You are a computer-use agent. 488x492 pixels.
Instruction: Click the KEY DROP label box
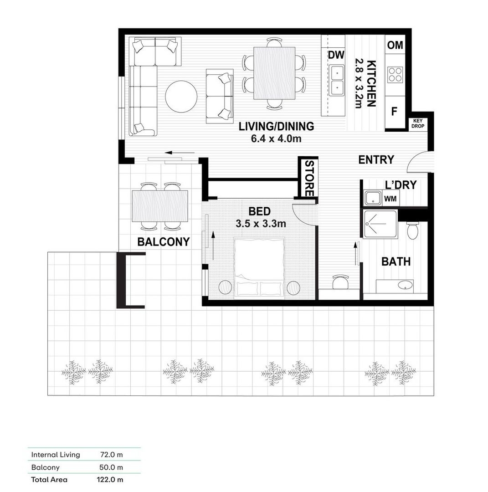tap(417, 123)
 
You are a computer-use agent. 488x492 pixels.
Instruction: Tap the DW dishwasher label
tap(336, 55)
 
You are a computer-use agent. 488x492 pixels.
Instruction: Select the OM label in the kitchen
tap(395, 45)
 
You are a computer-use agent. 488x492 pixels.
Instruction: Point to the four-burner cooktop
tap(395, 75)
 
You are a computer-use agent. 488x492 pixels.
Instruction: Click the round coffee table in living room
tap(181, 97)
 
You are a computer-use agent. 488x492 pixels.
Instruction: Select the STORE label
tap(309, 178)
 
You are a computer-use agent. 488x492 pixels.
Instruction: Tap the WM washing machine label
tap(390, 199)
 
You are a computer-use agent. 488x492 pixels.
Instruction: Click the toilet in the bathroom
tap(412, 231)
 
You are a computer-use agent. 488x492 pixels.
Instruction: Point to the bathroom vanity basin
tap(404, 286)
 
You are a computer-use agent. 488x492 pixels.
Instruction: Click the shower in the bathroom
tap(380, 224)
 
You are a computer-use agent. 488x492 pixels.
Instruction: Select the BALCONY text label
tap(163, 242)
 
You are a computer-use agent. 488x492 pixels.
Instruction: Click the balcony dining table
tap(160, 206)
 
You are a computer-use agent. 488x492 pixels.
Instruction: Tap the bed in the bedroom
tap(259, 268)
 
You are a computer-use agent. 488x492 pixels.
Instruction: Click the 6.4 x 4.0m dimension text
tap(276, 139)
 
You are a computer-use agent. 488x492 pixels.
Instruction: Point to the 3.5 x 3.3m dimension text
tap(261, 224)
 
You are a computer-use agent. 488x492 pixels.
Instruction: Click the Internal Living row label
tap(56, 455)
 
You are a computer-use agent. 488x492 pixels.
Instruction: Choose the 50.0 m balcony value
tap(112, 467)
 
